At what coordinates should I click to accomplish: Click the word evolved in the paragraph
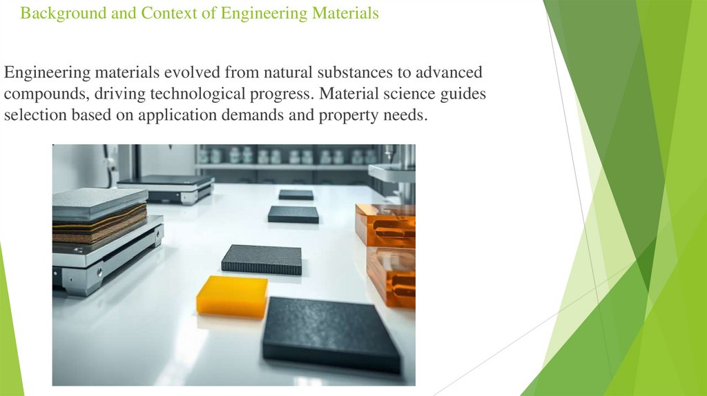[x=182, y=73]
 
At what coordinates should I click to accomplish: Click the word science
[x=409, y=95]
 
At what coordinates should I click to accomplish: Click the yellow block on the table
[x=232, y=296]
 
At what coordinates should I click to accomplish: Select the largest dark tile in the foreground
[x=331, y=334]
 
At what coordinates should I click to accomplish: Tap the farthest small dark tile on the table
[x=296, y=195]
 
